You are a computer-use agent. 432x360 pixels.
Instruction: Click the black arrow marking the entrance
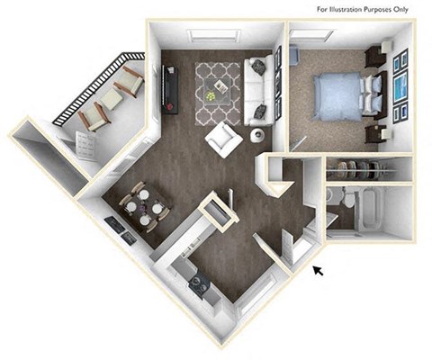tap(319, 269)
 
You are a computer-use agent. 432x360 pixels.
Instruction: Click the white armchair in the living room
tap(220, 139)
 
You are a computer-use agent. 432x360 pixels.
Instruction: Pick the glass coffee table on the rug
tap(217, 88)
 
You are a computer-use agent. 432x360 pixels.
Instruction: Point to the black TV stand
tap(167, 90)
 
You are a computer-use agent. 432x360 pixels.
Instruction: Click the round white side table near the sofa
tap(258, 136)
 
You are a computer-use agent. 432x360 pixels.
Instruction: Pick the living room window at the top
tap(212, 35)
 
